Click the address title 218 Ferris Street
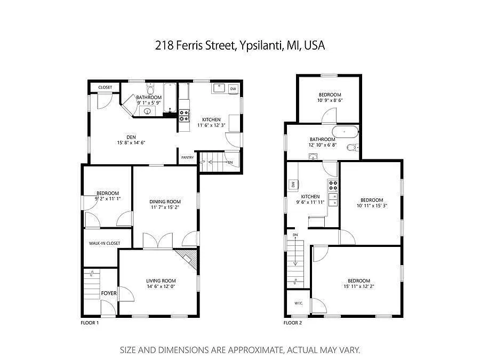point(240,46)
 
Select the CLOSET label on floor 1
point(105,87)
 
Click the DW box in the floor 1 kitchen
point(233,89)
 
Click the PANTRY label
point(187,157)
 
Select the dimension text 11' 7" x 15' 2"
point(165,208)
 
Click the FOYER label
point(109,293)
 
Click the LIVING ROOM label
point(161,281)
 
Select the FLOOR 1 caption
point(90,323)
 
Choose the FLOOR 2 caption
point(293,323)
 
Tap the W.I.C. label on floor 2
point(298,303)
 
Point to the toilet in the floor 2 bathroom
point(351,148)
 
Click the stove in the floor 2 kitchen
point(333,186)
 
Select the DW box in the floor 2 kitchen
point(293,185)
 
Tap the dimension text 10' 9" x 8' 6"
point(330,100)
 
